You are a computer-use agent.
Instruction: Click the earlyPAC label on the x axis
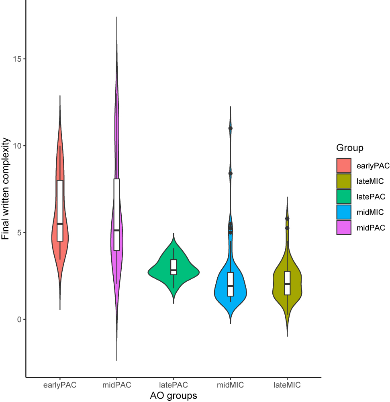point(60,386)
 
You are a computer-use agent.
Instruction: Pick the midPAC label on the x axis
point(117,386)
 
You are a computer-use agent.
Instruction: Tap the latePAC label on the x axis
point(174,386)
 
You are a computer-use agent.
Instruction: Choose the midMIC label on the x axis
point(231,386)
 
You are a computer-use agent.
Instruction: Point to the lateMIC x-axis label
point(287,386)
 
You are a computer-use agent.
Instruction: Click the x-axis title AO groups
point(174,396)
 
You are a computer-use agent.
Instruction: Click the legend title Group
point(350,148)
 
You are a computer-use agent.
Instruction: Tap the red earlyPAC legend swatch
point(344,165)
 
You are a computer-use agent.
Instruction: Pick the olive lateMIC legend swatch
point(344,181)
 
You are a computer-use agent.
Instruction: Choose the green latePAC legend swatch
point(344,197)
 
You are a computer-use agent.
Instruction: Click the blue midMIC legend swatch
point(344,212)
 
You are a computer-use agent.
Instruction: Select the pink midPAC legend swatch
point(344,227)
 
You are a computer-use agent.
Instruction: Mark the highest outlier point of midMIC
point(231,128)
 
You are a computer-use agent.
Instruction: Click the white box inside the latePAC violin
point(174,267)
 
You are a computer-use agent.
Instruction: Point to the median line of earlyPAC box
point(60,224)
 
